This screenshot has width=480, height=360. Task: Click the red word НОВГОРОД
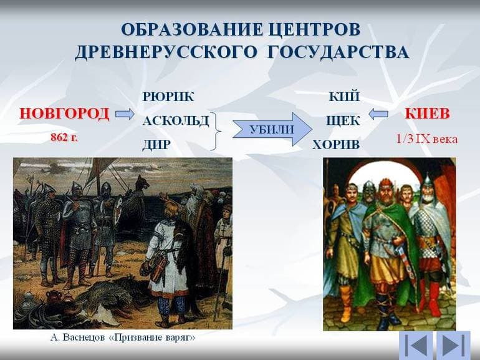64,114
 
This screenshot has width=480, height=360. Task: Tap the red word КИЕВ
427,114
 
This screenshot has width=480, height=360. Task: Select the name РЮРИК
168,97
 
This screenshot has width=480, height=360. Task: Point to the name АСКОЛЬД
175,121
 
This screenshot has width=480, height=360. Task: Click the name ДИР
156,145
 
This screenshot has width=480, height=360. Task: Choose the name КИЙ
344,97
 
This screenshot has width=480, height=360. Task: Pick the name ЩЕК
342,121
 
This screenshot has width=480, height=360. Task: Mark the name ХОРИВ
336,145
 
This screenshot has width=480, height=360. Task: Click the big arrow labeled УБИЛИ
271,130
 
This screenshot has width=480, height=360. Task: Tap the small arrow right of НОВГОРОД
125,114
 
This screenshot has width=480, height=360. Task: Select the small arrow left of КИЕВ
378,114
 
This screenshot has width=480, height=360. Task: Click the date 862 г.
64,137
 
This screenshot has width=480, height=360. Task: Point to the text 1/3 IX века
426,139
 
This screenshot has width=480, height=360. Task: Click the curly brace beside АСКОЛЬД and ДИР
216,131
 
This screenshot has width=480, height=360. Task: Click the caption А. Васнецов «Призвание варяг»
122,338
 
